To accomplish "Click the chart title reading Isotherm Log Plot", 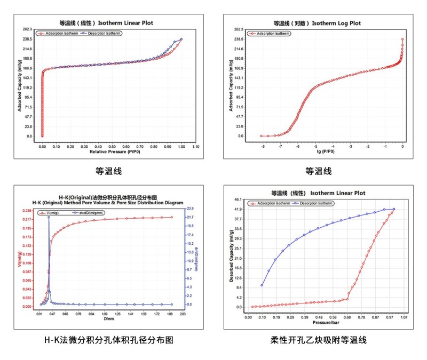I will click(x=317, y=23).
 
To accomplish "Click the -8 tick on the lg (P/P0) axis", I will click(x=262, y=145).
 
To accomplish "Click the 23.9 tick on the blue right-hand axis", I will click(x=192, y=209).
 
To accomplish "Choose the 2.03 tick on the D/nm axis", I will click(x=182, y=314).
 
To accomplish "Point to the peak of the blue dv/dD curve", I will click(x=49, y=217).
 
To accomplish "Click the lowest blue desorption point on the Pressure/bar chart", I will click(x=262, y=285).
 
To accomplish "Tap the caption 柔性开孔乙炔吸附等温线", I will click(x=319, y=339).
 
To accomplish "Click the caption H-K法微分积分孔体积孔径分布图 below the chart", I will click(x=109, y=339).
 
